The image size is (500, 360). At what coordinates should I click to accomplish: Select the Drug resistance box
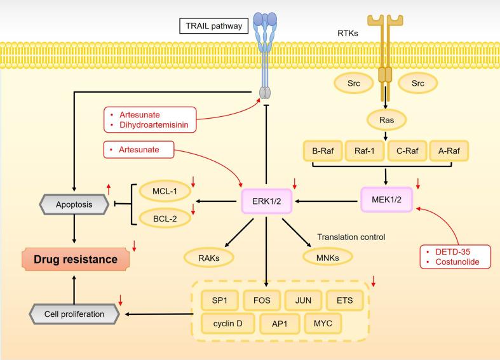pos(75,259)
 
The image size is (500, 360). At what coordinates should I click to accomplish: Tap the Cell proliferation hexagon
pos(75,313)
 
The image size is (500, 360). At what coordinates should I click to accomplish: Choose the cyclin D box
pos(227,323)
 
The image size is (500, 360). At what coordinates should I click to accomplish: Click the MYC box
pos(323,323)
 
